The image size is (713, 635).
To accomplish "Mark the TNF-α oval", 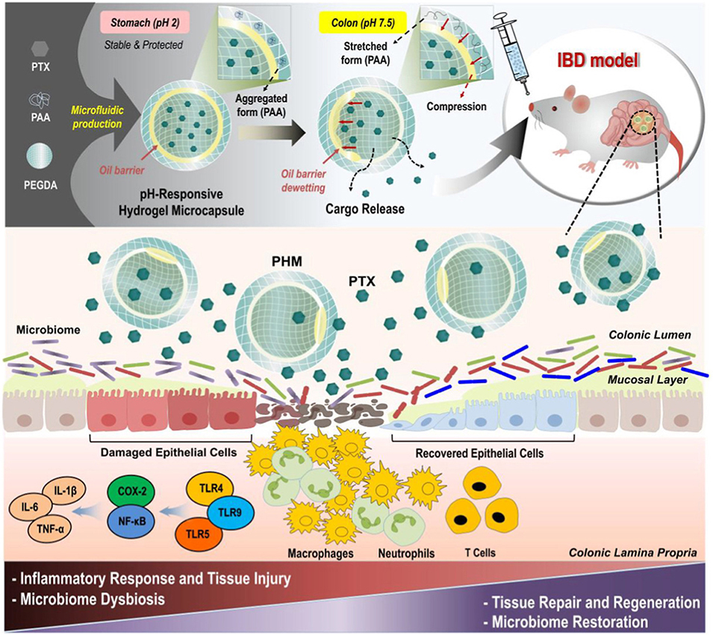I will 73,531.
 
